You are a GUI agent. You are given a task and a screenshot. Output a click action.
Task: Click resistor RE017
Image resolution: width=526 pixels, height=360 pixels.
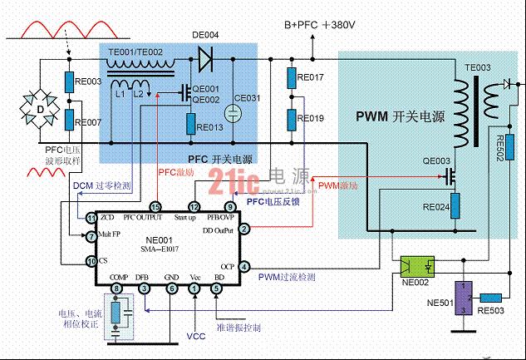click(291, 79)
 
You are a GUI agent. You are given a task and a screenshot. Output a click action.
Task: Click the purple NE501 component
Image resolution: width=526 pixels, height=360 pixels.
click(469, 298)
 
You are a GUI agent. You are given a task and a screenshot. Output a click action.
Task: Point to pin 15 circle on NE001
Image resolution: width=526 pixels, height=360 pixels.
click(155, 206)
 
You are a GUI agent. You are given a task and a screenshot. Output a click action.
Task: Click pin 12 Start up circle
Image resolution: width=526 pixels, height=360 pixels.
click(194, 206)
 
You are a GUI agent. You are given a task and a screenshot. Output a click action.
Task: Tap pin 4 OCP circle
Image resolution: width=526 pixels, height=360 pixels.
click(244, 266)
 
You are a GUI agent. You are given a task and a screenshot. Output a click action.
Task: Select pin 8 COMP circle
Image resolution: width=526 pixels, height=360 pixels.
click(117, 288)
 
